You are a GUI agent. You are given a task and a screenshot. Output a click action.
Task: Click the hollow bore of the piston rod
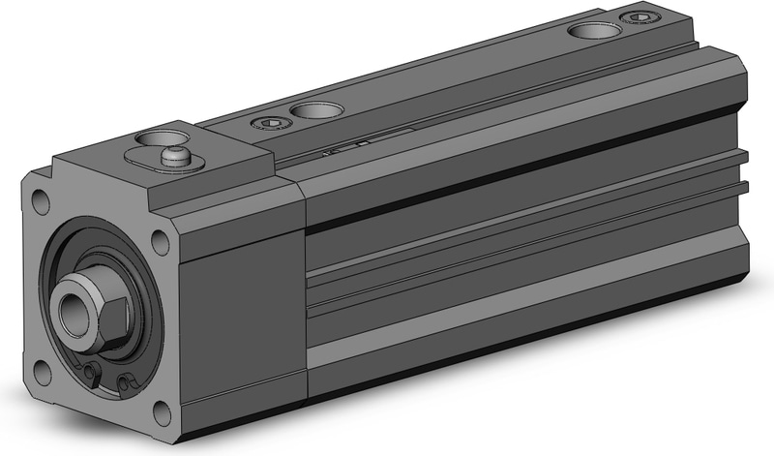click(x=73, y=313)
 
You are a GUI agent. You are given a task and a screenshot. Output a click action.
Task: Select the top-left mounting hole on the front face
click(x=40, y=202)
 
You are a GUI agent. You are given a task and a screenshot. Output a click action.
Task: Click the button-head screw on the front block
click(x=178, y=154)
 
